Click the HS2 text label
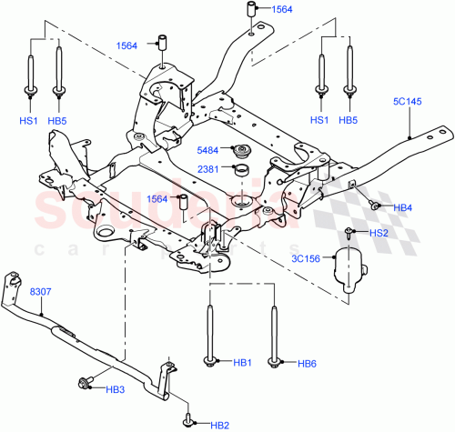379,234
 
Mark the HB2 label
219,424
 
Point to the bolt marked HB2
189,420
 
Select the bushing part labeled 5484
243,151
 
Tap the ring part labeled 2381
243,169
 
